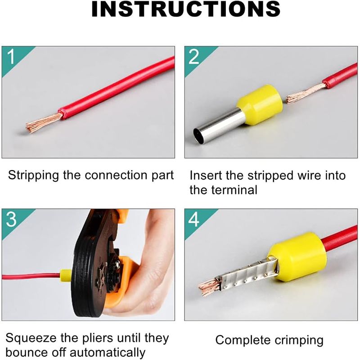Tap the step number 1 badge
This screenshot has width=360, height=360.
click(12, 57)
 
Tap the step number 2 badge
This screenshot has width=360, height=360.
click(194, 57)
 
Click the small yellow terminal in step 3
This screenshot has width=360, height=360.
click(66, 274)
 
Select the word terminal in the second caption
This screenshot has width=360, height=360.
click(234, 189)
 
